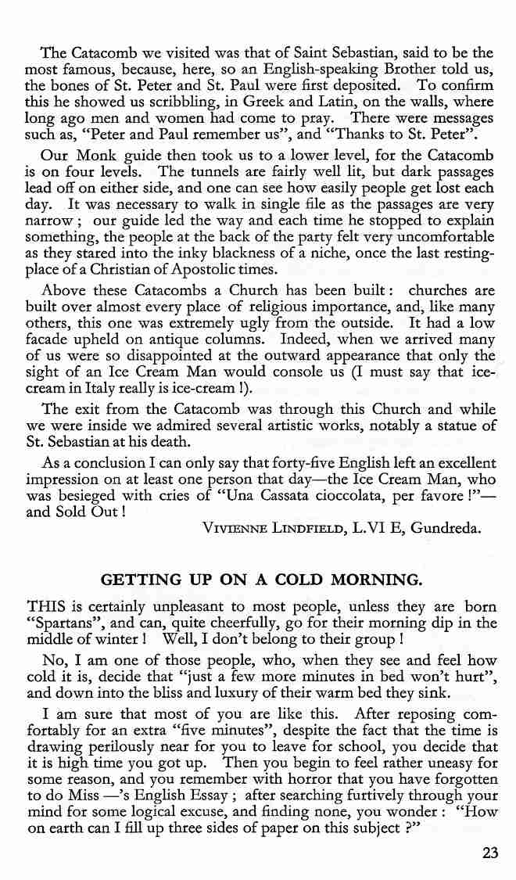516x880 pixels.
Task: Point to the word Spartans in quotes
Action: (60, 623)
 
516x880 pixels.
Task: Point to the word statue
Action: (457, 425)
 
